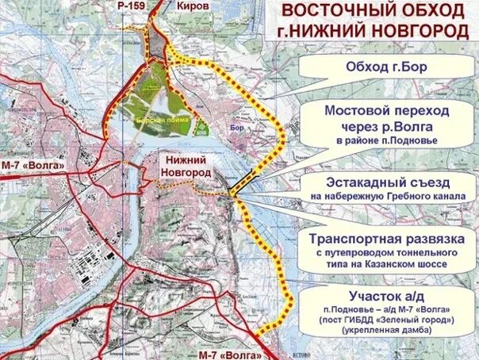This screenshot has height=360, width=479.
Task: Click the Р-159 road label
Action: click(x=132, y=6)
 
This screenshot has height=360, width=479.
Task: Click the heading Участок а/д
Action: click(x=386, y=294)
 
